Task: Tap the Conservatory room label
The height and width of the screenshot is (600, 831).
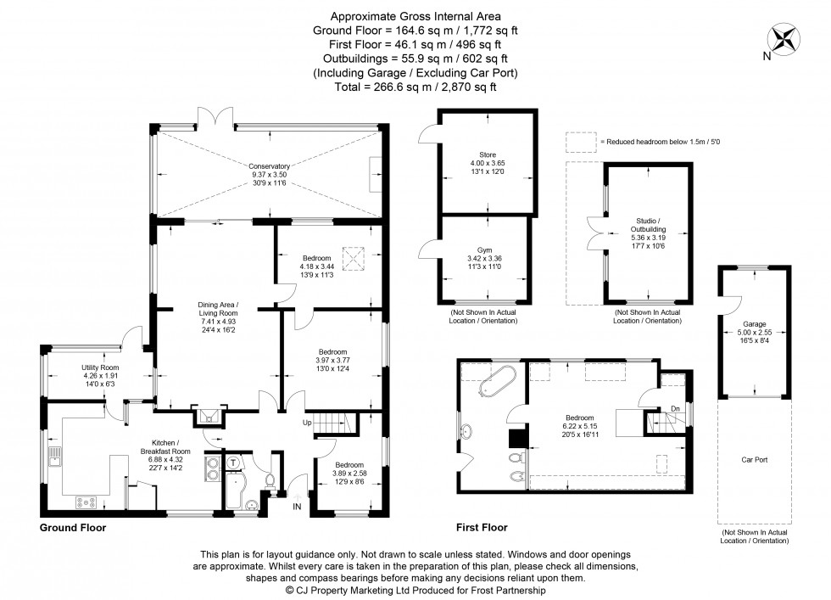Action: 269,166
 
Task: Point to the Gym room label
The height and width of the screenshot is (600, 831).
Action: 484,251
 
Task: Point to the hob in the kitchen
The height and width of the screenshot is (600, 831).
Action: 87,502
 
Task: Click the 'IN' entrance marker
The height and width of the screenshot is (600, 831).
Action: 297,507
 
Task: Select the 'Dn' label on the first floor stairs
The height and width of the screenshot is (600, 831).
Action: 675,409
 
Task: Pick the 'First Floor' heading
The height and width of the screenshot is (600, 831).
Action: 482,527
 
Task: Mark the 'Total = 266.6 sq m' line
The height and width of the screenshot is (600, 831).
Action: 415,87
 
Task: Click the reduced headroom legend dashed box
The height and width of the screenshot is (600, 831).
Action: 581,142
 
